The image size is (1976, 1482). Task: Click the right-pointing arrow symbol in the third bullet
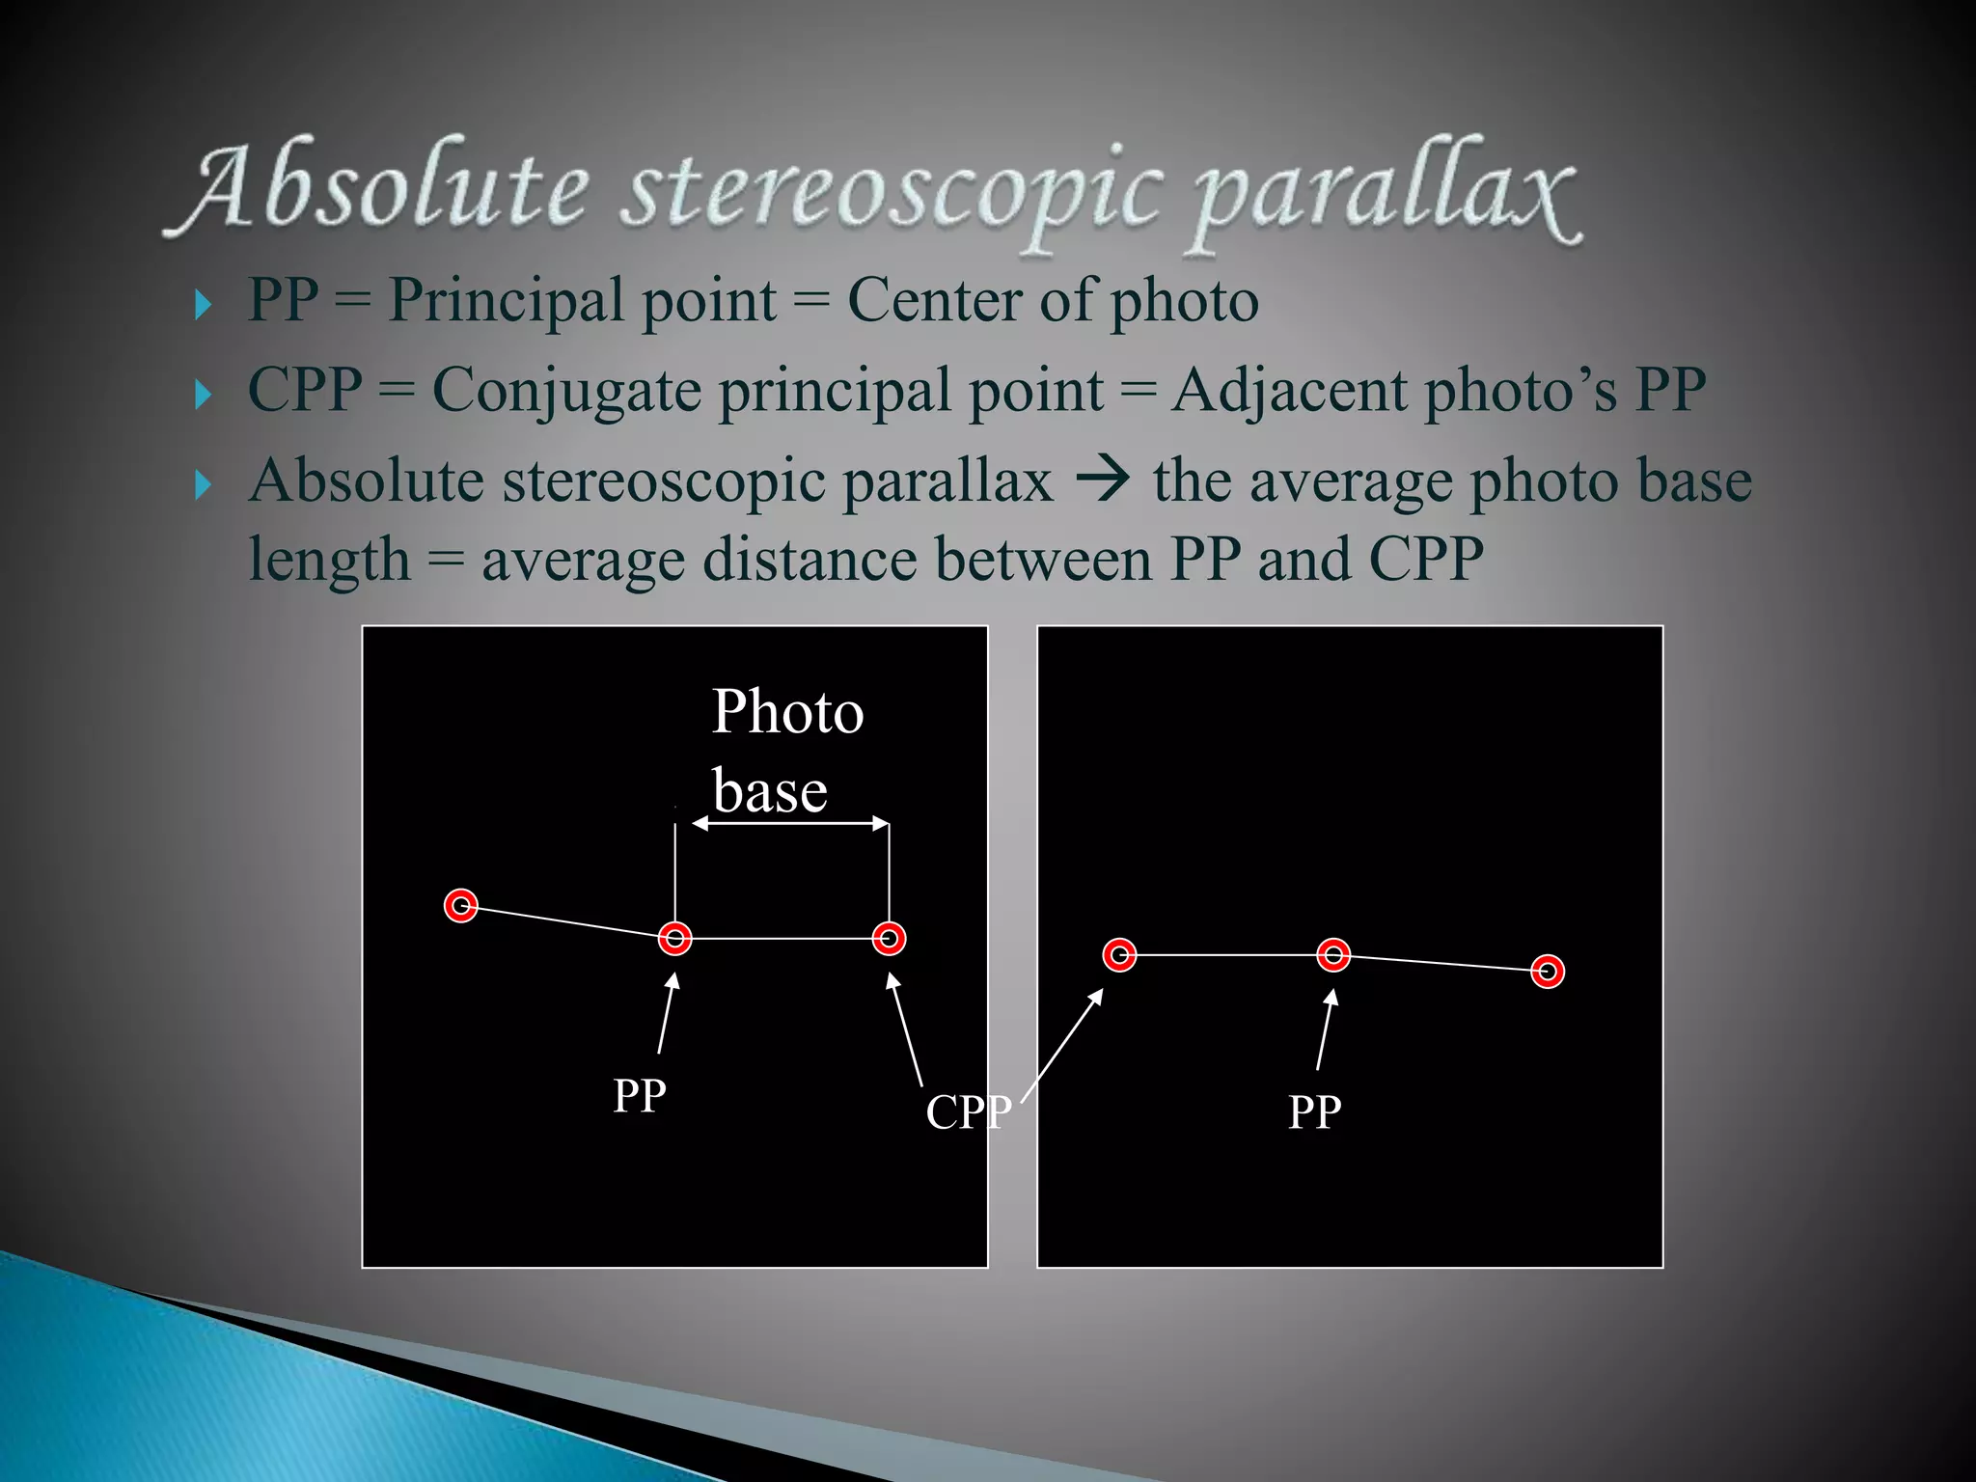(1102, 480)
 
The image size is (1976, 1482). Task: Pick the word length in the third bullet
(329, 561)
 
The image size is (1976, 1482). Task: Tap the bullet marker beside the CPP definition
(203, 394)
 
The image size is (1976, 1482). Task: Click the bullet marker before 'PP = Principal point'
(203, 305)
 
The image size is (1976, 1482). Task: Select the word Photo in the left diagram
(787, 712)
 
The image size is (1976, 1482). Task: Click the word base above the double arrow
(770, 792)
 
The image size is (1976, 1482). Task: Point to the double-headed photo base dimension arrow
(790, 823)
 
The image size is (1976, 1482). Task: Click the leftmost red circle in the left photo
(461, 906)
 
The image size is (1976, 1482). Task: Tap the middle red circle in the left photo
(675, 938)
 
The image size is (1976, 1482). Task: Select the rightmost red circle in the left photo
(889, 938)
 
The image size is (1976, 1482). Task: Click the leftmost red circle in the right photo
(1119, 955)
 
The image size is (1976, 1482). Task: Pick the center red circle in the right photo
(1333, 955)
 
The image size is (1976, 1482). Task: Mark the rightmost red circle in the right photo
(1548, 972)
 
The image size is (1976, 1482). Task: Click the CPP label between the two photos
(969, 1112)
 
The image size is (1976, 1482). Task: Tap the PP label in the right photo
(1314, 1112)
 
